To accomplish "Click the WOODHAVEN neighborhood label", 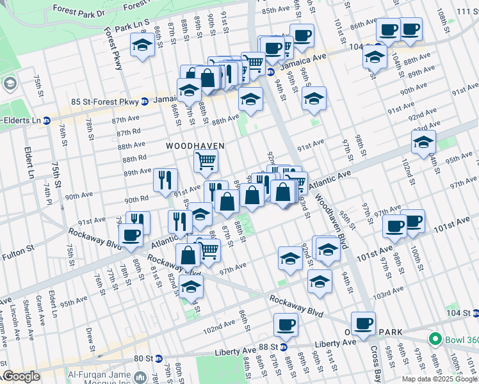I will point(195,146).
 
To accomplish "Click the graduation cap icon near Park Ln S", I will point(142,45).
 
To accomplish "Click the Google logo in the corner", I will point(20,377).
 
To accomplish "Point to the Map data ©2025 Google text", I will point(439,379).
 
